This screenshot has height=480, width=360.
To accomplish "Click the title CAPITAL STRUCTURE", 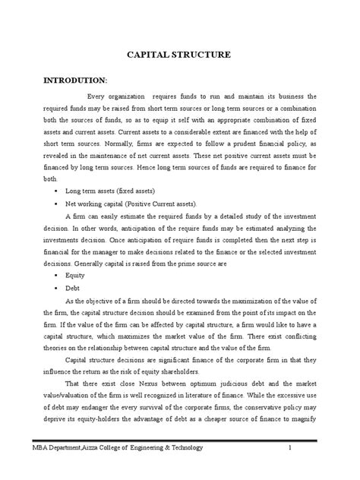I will coord(179,56).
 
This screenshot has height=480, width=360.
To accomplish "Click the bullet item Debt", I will coord(73,289).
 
